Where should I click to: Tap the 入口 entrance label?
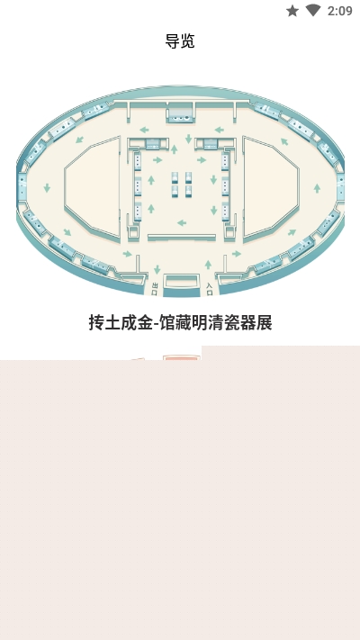210,289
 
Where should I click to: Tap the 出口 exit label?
155,289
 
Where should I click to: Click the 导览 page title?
180,41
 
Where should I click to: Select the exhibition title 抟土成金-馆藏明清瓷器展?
180,322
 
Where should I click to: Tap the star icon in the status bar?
292,11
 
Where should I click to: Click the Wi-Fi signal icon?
313,10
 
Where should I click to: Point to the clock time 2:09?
339,11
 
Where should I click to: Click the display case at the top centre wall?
180,113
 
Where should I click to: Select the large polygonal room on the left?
92,188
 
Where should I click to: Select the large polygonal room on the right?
271,187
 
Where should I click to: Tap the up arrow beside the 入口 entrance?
208,265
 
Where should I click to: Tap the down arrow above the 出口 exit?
157,269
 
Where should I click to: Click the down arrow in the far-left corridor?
47,188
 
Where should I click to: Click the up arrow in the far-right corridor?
317,188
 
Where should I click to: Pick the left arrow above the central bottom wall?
182,223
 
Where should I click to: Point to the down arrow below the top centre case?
188,139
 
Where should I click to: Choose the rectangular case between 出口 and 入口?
181,282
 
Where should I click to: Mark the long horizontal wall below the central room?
182,237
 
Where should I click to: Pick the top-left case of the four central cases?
175,177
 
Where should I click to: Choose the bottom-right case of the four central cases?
188,191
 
